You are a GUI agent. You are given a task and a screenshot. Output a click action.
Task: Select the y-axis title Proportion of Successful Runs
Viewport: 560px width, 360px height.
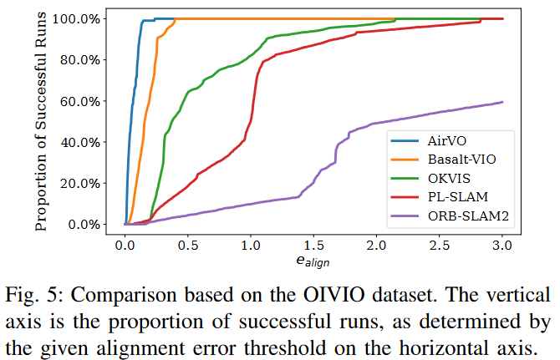click(42, 121)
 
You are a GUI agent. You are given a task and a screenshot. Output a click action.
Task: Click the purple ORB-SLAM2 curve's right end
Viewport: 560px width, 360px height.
click(502, 102)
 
